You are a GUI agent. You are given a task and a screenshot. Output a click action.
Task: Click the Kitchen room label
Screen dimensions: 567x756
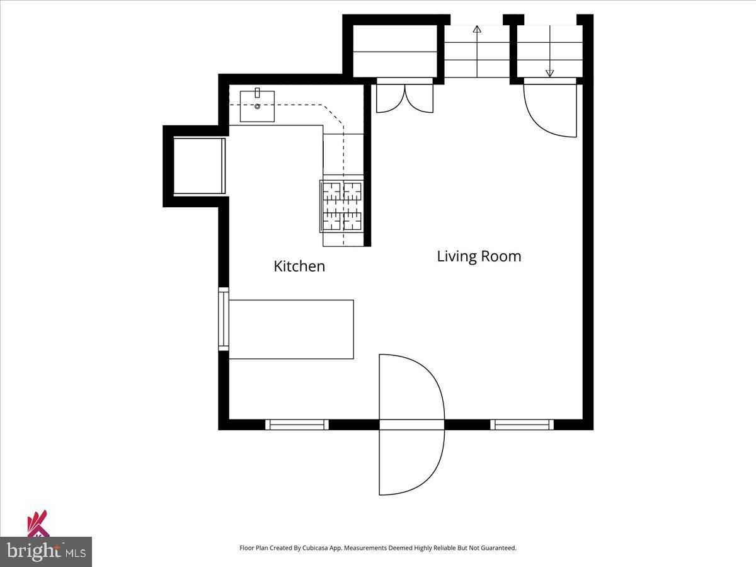[299, 266]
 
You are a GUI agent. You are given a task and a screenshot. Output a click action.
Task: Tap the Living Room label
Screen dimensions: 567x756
[479, 256]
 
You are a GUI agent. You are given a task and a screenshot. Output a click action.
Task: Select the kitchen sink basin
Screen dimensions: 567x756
[257, 106]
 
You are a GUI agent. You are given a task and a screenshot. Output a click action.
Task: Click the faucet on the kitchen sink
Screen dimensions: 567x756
[257, 93]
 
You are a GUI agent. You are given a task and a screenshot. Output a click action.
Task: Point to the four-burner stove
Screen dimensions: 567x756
[343, 205]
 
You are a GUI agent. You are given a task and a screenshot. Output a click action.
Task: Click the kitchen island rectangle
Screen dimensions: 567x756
[290, 329]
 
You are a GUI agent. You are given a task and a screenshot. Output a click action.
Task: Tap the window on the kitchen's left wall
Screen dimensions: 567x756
[223, 319]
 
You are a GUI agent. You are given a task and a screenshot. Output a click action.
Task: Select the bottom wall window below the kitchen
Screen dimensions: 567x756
[297, 425]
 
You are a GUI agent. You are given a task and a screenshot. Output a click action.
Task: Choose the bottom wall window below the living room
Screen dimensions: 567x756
[522, 425]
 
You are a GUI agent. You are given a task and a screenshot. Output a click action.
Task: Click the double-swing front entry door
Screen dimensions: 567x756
[411, 425]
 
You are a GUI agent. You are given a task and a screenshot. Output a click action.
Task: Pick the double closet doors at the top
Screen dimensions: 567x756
[404, 98]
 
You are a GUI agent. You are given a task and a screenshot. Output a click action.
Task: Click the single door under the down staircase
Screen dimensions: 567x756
[550, 110]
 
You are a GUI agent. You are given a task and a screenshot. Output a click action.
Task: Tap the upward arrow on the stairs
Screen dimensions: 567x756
[477, 30]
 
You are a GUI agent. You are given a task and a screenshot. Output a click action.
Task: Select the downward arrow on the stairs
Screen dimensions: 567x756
[550, 72]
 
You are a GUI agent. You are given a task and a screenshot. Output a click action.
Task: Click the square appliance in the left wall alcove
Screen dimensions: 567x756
[198, 166]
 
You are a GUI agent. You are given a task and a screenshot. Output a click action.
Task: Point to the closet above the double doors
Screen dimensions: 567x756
[394, 51]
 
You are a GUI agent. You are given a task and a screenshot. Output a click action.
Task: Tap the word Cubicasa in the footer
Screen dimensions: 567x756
[312, 548]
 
